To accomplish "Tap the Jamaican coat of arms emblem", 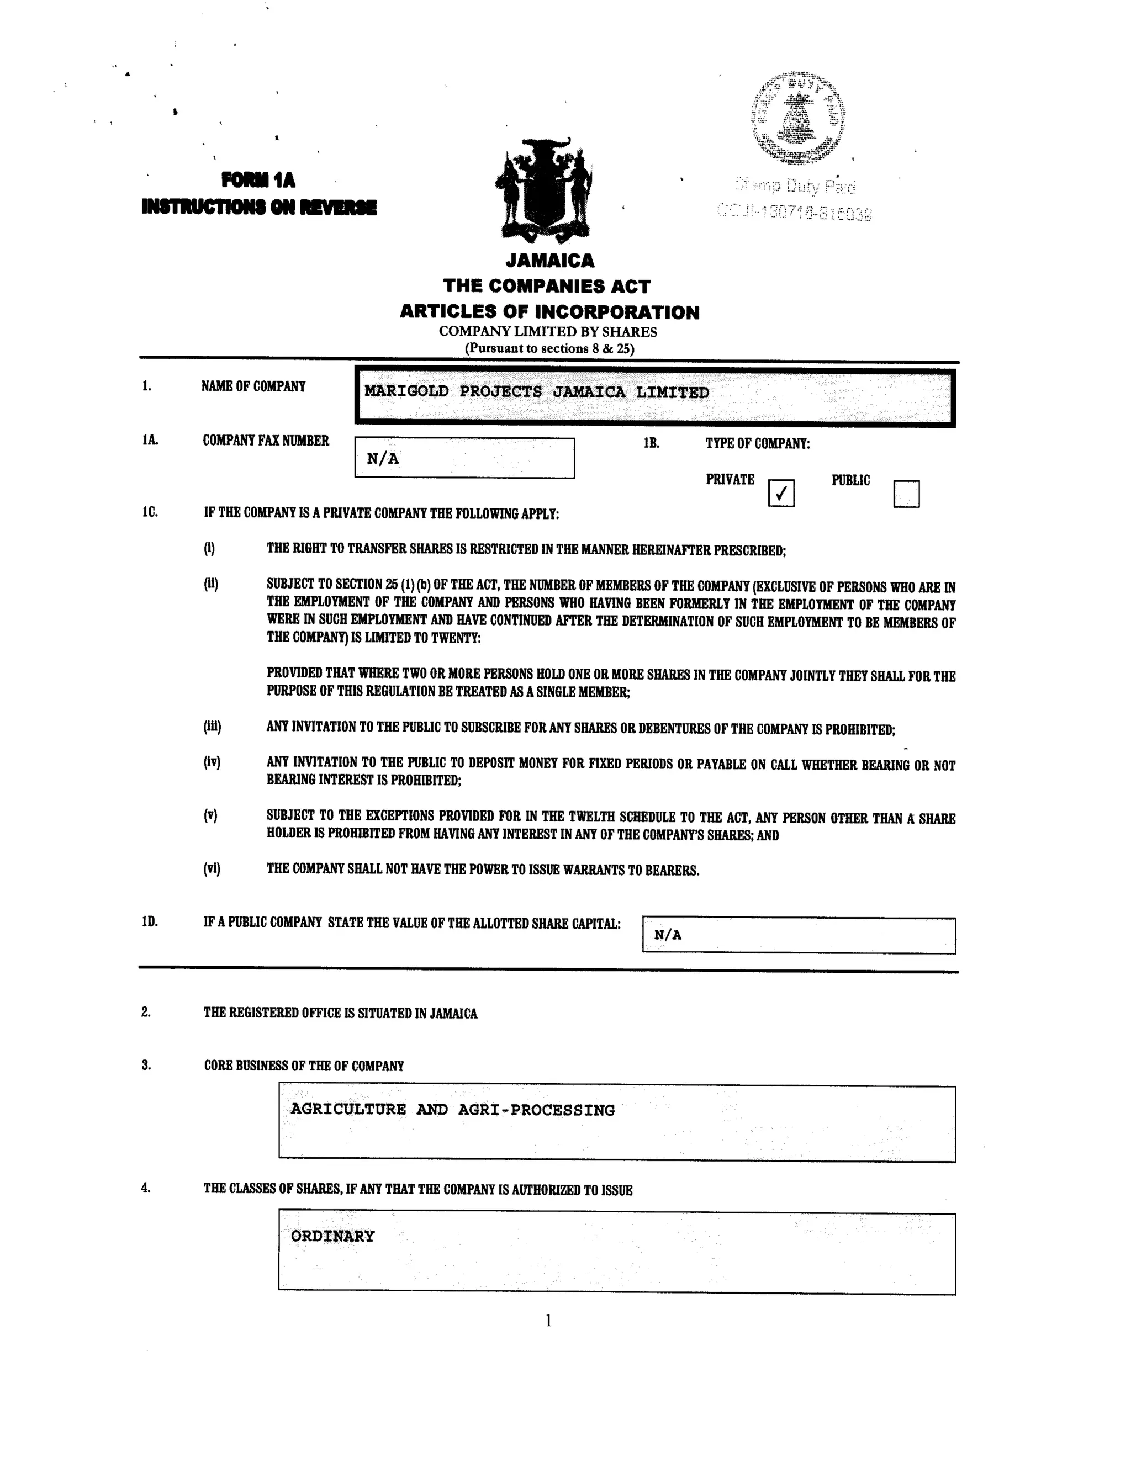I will click(544, 189).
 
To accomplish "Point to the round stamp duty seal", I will click(797, 118).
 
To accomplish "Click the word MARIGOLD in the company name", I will click(406, 392).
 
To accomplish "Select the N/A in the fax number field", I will click(383, 459).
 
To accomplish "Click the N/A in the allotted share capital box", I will click(667, 935).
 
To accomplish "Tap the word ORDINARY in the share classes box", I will click(332, 1236).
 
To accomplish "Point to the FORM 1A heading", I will click(258, 179).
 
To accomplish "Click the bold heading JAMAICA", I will click(549, 260).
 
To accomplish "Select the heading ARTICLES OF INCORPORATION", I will click(549, 311).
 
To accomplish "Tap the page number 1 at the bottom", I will click(548, 1321).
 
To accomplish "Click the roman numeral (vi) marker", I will click(212, 869).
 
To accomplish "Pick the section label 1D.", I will click(150, 922).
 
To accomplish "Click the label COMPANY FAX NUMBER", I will click(265, 441).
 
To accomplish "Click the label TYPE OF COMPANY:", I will click(757, 443).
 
